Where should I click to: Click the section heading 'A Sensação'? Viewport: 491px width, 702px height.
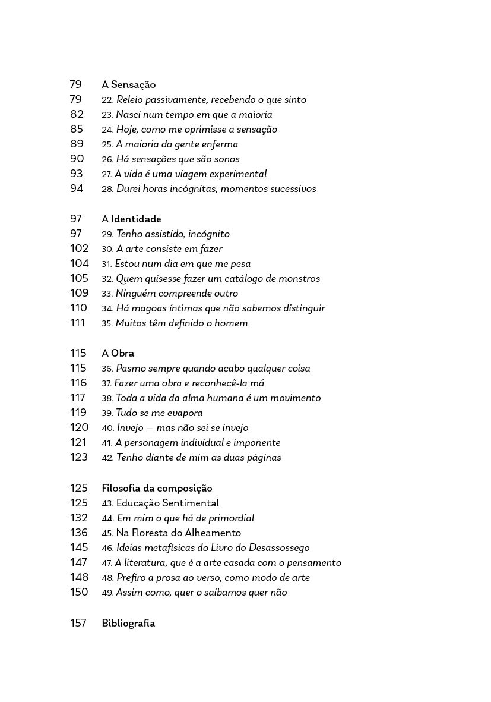click(x=128, y=85)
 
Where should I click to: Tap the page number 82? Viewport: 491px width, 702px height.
click(x=77, y=115)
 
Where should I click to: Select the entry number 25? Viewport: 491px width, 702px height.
click(x=107, y=144)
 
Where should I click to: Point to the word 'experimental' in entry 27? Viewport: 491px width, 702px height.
click(x=237, y=174)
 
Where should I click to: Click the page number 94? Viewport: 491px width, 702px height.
click(x=77, y=189)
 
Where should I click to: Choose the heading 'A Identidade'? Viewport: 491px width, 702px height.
click(x=131, y=219)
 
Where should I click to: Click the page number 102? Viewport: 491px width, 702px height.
click(x=79, y=249)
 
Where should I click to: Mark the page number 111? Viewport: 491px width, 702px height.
click(x=78, y=323)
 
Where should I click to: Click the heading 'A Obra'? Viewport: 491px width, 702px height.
click(x=118, y=354)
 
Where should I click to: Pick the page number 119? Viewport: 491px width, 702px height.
click(x=78, y=413)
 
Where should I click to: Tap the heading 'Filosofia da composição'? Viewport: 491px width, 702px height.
click(x=157, y=489)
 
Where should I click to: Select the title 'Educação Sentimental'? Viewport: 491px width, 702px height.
click(x=167, y=503)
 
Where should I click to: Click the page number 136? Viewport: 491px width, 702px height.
click(x=79, y=533)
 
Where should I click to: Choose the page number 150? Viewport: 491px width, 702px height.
click(x=79, y=593)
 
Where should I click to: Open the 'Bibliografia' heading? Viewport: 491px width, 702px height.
click(x=128, y=624)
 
